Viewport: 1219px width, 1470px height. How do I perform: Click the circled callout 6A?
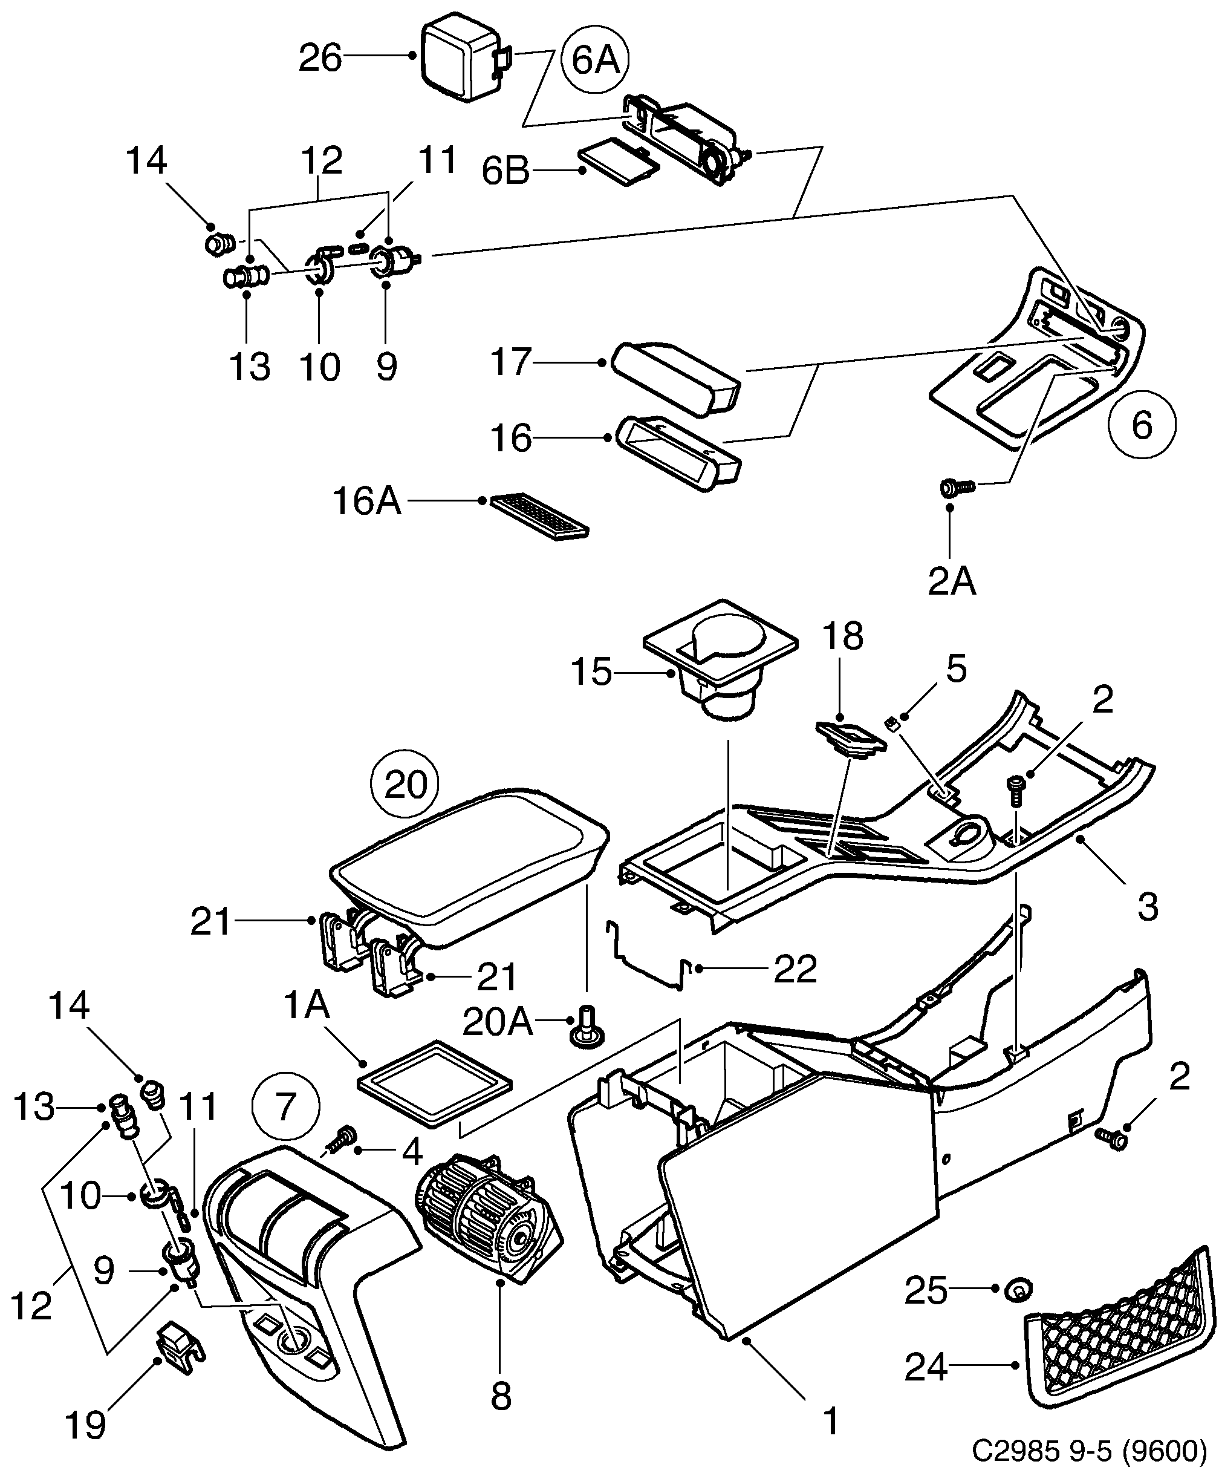[x=595, y=60]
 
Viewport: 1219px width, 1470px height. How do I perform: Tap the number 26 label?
[x=320, y=58]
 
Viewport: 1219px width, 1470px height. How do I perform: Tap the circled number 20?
[x=406, y=785]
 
